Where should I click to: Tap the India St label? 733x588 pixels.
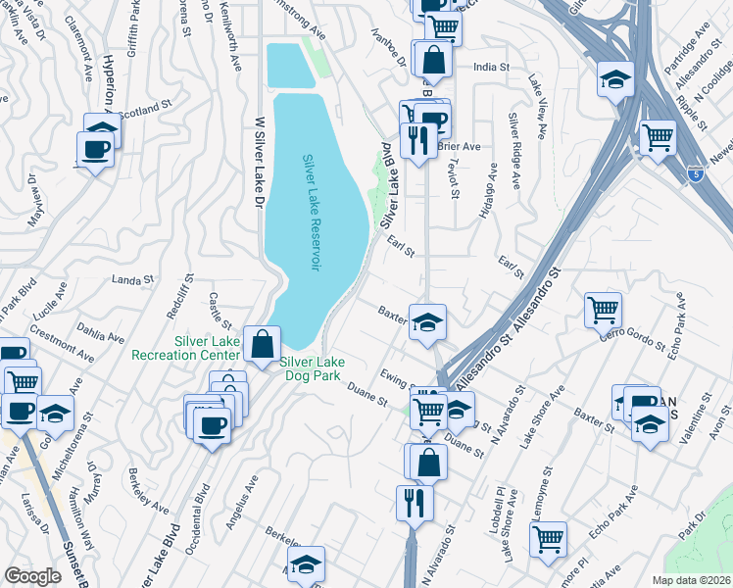(x=492, y=68)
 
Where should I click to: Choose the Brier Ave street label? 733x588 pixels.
(x=459, y=147)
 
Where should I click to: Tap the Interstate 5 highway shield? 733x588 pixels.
(x=693, y=171)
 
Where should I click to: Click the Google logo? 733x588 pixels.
(x=32, y=576)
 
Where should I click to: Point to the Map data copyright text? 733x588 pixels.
(x=691, y=579)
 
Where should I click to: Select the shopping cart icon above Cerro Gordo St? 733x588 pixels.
(x=603, y=311)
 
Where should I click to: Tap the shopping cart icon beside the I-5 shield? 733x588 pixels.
(x=658, y=136)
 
